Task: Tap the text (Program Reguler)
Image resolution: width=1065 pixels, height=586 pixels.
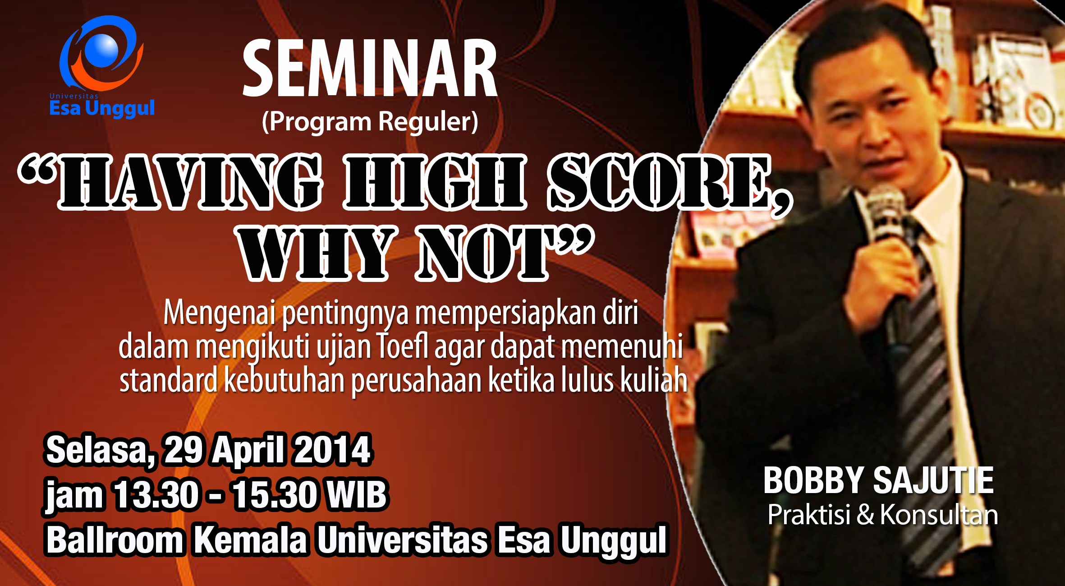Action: click(370, 122)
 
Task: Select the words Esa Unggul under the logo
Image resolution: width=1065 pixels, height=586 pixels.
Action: click(102, 109)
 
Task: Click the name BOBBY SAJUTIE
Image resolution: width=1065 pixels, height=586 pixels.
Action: click(878, 481)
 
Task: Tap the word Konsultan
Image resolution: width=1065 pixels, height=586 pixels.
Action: click(939, 515)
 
